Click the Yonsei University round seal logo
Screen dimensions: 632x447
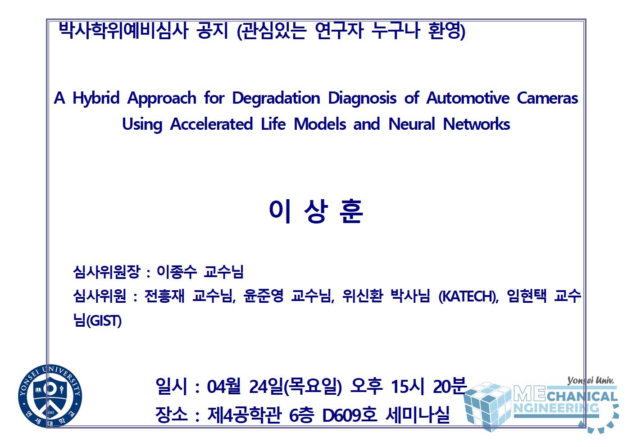click(50, 396)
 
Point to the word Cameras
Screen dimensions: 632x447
click(547, 98)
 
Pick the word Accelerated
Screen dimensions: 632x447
click(211, 124)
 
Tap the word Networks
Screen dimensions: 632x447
click(476, 124)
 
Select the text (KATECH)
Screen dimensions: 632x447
click(468, 296)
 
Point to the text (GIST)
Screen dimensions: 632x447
click(104, 321)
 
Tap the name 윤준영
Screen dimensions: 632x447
click(264, 296)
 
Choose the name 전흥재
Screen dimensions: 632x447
click(164, 296)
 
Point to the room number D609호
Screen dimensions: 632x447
click(350, 415)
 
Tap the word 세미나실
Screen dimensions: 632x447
click(417, 415)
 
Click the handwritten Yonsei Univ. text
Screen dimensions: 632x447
click(590, 381)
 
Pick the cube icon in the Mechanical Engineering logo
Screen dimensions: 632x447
click(487, 406)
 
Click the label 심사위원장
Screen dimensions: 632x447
click(106, 272)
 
